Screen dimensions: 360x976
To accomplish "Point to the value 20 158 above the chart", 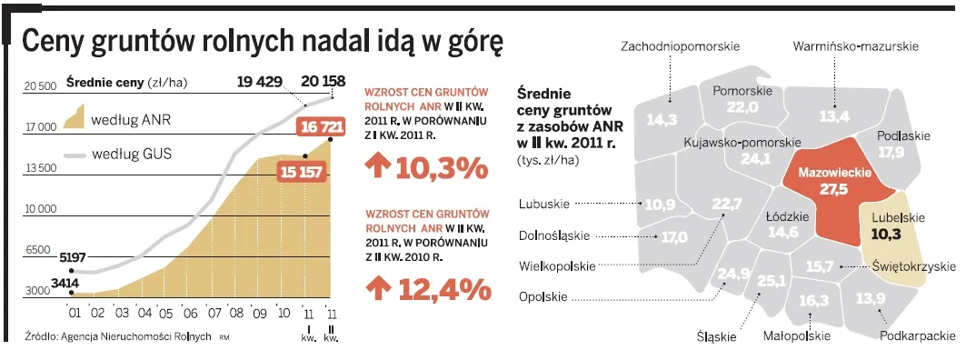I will pos(322,82).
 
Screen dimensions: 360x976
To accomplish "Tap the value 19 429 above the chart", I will pos(262,82).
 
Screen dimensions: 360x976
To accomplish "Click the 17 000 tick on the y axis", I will pos(40,127).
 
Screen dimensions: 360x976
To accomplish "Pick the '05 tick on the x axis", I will pos(164,313).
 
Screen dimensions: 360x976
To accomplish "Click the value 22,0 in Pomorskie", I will pos(742,107).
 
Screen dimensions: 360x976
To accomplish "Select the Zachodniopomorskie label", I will pos(680,45).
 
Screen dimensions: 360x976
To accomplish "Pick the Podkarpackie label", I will pos(918,335).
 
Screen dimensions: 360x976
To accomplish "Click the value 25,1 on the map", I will pos(771,281).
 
